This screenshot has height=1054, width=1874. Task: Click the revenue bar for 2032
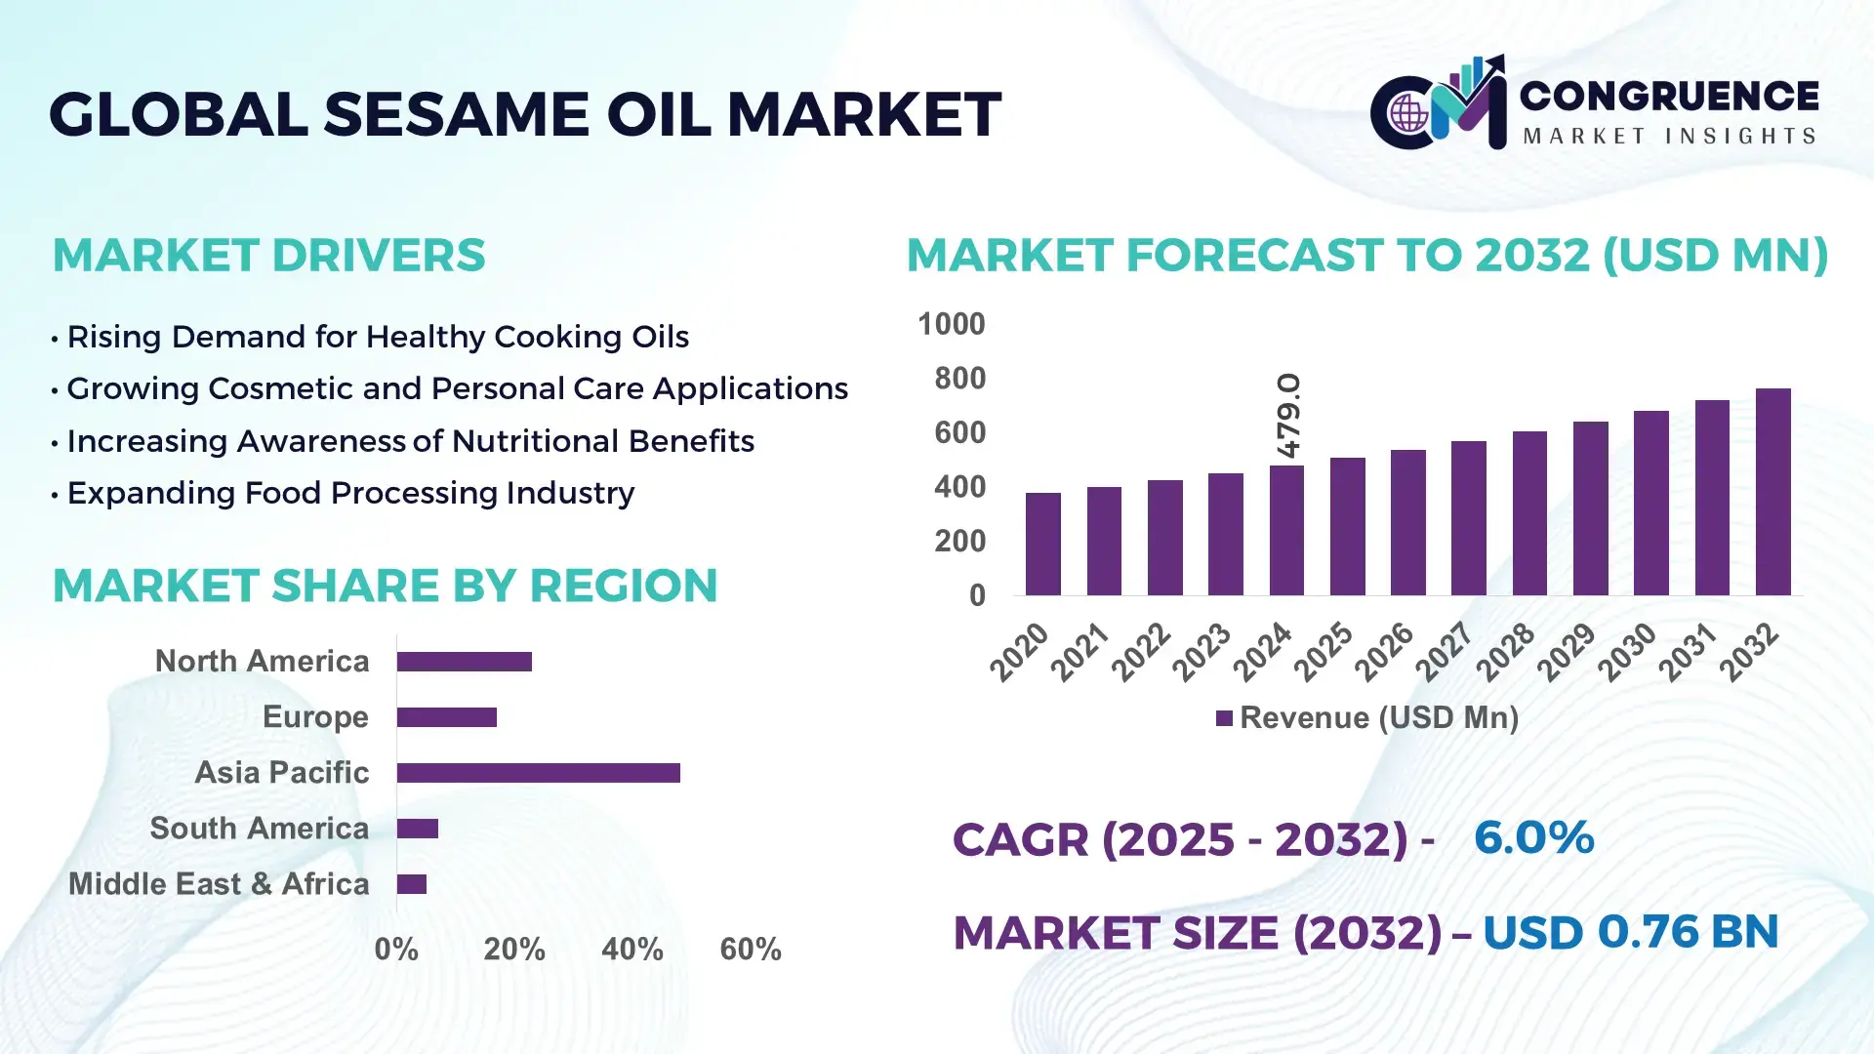1772,493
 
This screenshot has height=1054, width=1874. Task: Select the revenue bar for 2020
1042,545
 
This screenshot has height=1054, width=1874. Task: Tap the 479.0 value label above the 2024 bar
1288,416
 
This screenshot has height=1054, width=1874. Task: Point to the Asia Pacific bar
538,773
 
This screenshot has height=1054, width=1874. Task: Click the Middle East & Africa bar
411,884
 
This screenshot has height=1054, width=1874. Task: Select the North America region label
262,661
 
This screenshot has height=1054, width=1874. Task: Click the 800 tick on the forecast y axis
959,379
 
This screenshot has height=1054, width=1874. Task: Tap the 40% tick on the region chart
631,949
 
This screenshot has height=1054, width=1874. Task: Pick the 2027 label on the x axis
1444,651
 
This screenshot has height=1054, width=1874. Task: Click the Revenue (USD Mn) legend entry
1366,718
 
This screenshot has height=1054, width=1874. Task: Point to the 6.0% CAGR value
1533,837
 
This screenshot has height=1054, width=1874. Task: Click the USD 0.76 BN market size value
1630,932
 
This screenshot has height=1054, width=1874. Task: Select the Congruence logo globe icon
1408,114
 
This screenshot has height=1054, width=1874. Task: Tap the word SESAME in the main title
456,114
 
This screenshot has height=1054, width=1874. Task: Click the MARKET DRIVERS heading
268,256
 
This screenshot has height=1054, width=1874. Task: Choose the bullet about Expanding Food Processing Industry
349,493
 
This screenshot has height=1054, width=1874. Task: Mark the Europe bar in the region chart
446,717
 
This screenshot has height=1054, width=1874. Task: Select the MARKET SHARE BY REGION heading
385,586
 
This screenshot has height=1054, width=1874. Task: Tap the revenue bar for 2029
1590,508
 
